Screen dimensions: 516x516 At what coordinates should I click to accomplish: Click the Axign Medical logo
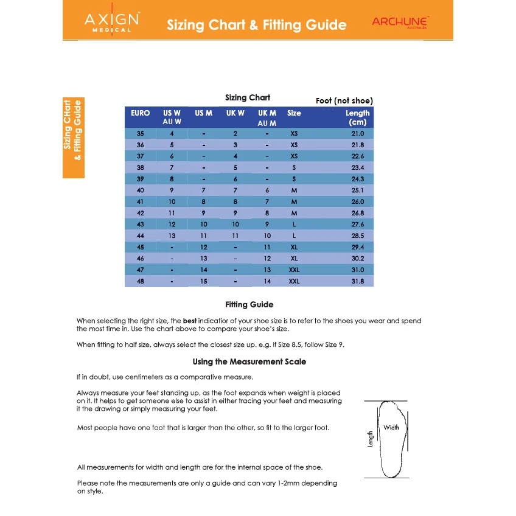pos(111,23)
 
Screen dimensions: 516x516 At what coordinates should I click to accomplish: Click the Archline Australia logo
pos(400,23)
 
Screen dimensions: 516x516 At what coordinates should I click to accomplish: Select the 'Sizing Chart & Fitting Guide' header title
pos(256,25)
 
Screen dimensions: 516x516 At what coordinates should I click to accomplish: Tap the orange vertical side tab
pos(73,138)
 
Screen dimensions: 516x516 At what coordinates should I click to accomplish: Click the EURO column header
pos(140,113)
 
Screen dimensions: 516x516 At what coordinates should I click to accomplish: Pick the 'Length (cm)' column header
pos(357,117)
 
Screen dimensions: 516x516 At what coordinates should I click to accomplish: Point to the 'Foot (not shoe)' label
pos(344,101)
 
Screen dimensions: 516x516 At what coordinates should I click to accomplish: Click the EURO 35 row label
pos(141,133)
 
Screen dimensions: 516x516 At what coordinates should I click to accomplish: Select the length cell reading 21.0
pos(357,133)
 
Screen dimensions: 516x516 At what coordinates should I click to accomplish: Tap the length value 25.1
pos(357,190)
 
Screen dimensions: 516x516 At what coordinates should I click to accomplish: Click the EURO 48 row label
pos(141,282)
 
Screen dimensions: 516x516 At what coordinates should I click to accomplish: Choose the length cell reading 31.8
pos(357,282)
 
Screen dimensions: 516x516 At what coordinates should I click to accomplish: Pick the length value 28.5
pos(357,235)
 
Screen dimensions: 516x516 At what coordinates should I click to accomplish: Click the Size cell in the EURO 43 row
pos(294,225)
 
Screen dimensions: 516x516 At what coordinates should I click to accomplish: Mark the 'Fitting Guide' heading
pos(249,305)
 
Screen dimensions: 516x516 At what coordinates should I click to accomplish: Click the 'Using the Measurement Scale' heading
pos(249,362)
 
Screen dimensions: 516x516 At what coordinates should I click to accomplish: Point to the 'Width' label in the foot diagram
pos(391,428)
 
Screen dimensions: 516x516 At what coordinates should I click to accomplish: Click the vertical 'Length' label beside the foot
pos(371,439)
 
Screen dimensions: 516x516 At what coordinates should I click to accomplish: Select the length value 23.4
pos(357,167)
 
